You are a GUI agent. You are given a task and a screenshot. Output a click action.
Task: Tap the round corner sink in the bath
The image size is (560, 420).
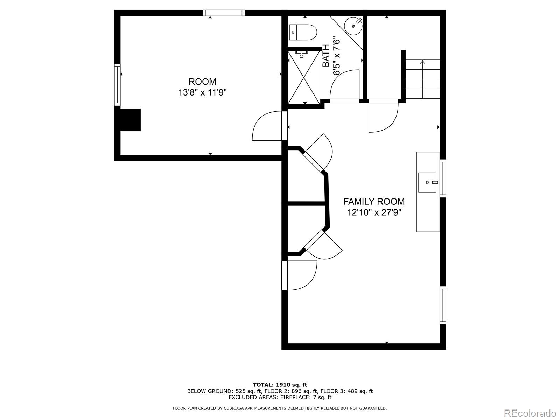(353, 25)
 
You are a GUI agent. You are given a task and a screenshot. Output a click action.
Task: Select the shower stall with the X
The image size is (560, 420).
(304, 77)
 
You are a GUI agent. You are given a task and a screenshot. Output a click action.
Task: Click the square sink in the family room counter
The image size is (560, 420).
(427, 182)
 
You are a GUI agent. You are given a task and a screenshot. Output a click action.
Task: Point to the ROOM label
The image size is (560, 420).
(202, 82)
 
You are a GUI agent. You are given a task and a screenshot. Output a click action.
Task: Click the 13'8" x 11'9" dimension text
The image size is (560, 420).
(202, 93)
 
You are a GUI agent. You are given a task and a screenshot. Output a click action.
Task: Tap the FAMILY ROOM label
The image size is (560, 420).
(374, 202)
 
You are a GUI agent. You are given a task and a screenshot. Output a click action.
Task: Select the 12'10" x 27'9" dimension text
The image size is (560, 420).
(374, 212)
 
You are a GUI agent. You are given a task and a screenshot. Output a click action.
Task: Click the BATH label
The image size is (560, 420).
(326, 56)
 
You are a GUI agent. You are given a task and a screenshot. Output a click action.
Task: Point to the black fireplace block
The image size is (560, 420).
(130, 120)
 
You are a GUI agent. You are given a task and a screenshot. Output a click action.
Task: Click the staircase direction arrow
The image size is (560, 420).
(422, 63)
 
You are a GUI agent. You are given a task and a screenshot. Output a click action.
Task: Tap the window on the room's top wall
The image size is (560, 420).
(224, 13)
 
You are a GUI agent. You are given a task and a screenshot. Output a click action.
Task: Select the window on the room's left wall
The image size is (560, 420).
(117, 85)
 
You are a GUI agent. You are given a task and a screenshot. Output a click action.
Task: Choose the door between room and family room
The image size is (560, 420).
(268, 126)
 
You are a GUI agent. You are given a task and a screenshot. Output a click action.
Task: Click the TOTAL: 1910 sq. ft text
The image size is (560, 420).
(280, 385)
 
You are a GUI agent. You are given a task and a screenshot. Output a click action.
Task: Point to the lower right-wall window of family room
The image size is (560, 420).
(443, 305)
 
